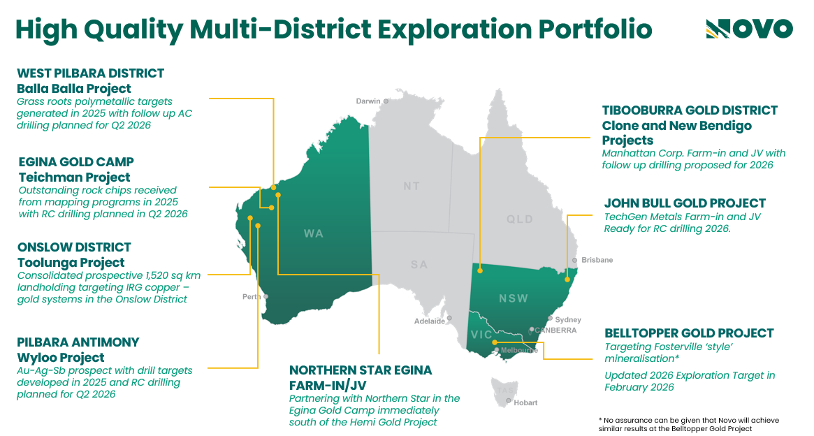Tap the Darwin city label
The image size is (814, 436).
coord(368,101)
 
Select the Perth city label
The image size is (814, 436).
coord(251,297)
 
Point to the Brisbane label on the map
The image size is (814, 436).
coord(597,260)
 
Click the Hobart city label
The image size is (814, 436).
coord(525,402)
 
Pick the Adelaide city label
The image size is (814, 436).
coord(429,321)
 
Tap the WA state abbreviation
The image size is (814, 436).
coord(314,233)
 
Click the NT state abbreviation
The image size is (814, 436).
coord(412,187)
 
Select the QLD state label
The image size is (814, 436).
coord(519,219)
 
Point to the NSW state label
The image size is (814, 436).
coord(514,298)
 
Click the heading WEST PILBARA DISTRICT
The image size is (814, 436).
coord(90,73)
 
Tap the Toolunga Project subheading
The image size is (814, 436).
coord(71,263)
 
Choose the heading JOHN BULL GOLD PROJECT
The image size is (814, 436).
coord(685,203)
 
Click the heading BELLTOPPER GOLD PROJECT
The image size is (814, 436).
coord(689,333)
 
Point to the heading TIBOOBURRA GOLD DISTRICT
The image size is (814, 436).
coord(690,110)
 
